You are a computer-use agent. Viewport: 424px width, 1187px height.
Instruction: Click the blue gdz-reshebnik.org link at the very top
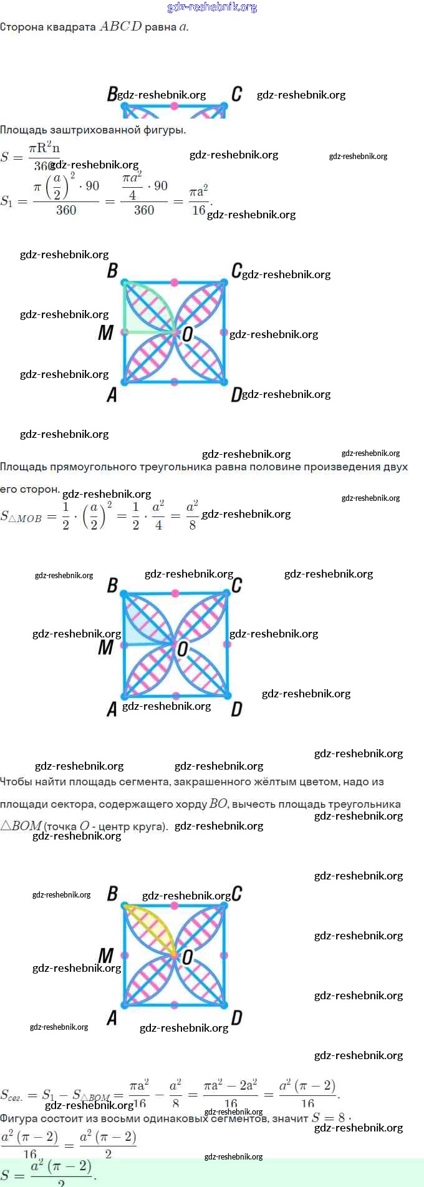tap(212, 7)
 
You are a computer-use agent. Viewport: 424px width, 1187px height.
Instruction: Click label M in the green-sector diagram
tap(105, 333)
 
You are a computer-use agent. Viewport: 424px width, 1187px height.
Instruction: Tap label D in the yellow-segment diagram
tap(236, 1018)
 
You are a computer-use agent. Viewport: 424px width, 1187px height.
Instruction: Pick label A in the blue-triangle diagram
tap(112, 709)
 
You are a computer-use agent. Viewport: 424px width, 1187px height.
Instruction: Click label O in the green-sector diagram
tap(187, 334)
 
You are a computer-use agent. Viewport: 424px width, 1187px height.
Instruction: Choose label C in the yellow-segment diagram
tap(236, 894)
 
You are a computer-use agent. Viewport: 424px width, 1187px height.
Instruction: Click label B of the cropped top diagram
tap(112, 94)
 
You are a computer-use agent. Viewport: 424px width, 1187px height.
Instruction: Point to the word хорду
tap(190, 805)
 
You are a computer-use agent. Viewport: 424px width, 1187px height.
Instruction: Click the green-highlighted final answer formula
tap(49, 1173)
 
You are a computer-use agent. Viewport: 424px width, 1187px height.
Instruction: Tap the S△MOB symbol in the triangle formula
tap(21, 516)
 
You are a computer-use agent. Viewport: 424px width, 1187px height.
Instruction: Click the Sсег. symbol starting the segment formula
tap(12, 1095)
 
